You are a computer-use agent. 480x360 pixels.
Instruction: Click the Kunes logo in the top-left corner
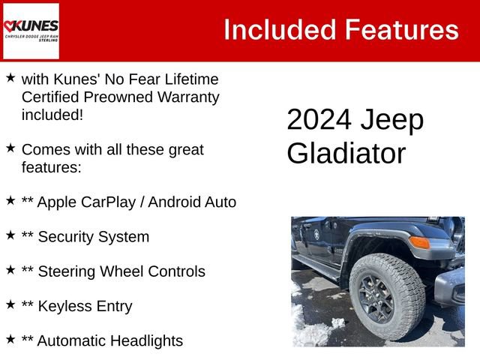(31, 31)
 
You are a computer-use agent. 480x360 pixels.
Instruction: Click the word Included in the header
(279, 30)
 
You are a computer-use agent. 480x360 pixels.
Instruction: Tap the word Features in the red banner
(401, 30)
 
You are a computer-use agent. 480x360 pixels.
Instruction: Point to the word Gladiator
(346, 153)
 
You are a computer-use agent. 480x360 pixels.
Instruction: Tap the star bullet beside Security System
(10, 235)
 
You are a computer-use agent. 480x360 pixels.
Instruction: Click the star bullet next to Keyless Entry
(10, 304)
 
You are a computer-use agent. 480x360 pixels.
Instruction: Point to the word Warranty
(183, 97)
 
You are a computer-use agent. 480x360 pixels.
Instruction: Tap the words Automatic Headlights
(109, 340)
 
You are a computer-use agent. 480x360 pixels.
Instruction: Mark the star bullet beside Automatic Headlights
(10, 339)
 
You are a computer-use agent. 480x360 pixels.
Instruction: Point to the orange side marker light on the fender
(419, 242)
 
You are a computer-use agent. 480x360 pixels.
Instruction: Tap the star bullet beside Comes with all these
(10, 148)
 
